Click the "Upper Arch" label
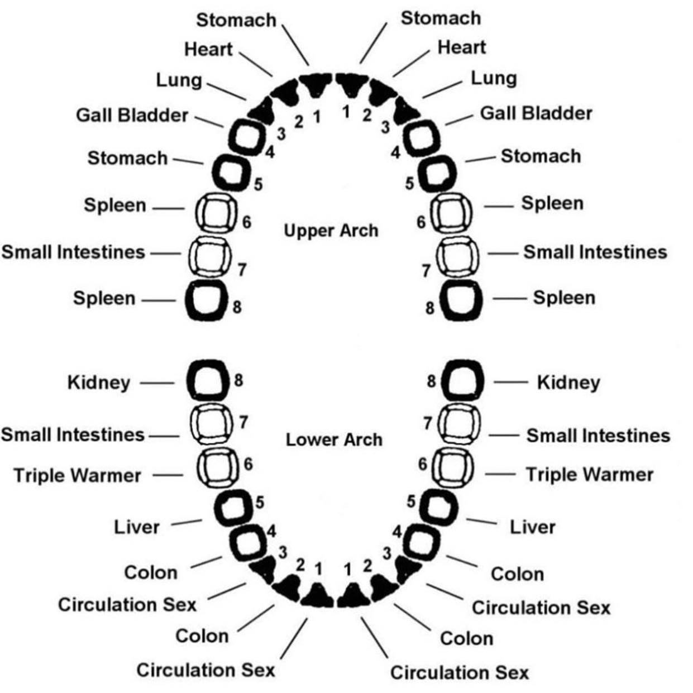[x=331, y=230]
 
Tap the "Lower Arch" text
[x=334, y=439]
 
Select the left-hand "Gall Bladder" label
[x=132, y=115]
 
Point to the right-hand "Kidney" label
[x=568, y=383]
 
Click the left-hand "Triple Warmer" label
[x=78, y=476]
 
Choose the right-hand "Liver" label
[x=532, y=527]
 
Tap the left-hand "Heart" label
[x=208, y=49]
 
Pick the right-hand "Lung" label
[x=494, y=78]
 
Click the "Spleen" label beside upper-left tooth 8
[x=104, y=298]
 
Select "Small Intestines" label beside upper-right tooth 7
[x=595, y=252]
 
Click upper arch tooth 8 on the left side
[x=205, y=300]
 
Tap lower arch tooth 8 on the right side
[x=462, y=381]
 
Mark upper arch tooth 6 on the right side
[x=451, y=213]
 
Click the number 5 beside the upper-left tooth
[x=258, y=184]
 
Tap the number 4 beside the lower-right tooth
[x=397, y=531]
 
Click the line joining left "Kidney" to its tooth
[x=157, y=383]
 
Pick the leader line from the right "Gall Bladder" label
[x=460, y=118]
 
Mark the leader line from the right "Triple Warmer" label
[x=500, y=475]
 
